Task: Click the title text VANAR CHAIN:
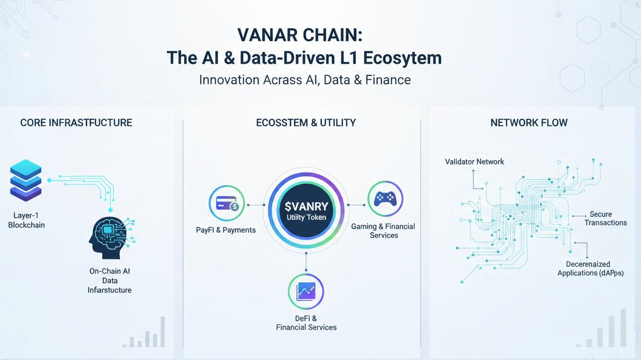300,34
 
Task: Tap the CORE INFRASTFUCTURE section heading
76,123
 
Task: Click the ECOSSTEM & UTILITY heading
306,123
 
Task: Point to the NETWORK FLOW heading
529,123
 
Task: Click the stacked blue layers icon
26,179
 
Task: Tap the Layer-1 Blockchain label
26,220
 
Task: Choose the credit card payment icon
227,203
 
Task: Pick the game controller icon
385,199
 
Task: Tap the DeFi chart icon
306,291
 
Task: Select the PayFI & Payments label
226,230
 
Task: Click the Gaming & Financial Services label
383,231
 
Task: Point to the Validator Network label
474,161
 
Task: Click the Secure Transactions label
605,219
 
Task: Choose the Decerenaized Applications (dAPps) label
590,269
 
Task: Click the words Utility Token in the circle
306,217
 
